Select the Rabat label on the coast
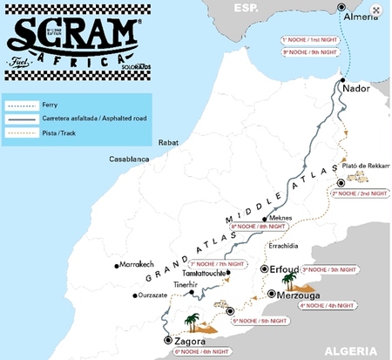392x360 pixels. pos(167,141)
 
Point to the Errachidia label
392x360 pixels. pos(291,248)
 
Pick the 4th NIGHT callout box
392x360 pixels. pos(327,306)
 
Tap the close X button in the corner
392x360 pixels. pos(375,10)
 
